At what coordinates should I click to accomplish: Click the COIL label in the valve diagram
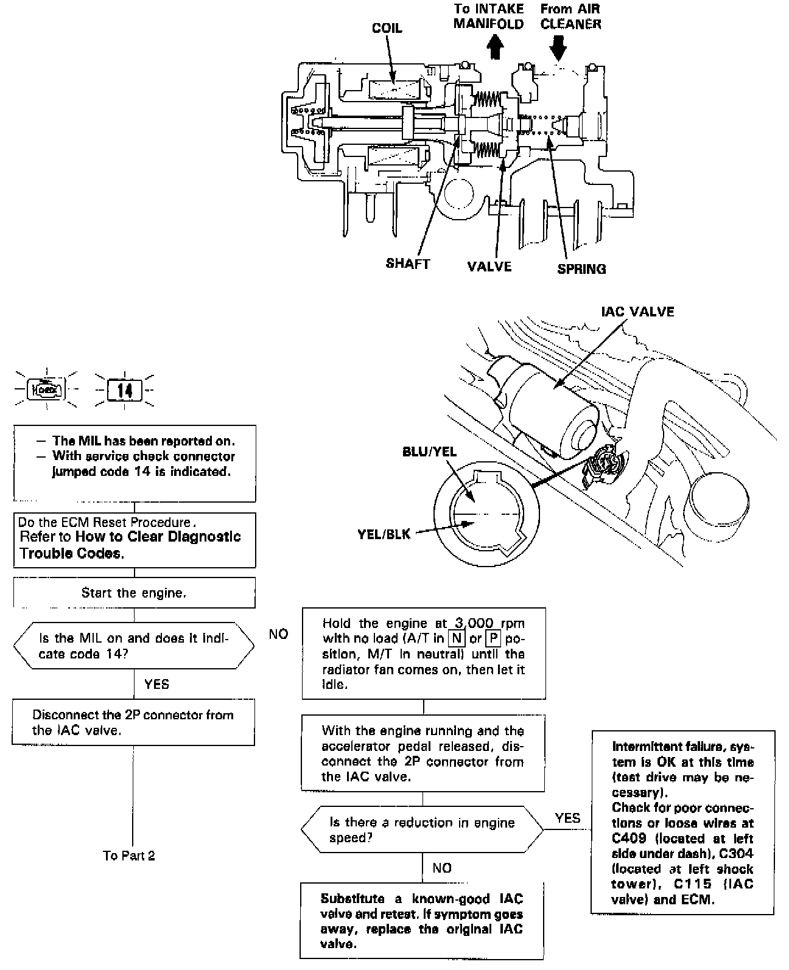click(387, 29)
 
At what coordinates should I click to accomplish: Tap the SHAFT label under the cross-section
click(407, 263)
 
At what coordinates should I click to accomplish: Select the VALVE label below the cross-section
click(489, 266)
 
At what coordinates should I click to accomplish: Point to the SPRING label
click(581, 268)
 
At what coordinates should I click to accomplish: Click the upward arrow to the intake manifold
click(496, 46)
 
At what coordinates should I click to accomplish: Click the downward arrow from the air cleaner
click(558, 46)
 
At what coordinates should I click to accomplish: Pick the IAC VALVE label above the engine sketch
click(637, 312)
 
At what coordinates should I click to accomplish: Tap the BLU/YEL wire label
click(429, 452)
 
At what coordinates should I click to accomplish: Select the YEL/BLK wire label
click(384, 534)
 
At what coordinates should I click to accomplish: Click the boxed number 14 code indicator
click(125, 389)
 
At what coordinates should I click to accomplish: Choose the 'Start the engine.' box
click(134, 593)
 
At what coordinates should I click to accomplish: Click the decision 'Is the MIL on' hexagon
click(134, 646)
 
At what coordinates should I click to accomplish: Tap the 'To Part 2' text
click(129, 856)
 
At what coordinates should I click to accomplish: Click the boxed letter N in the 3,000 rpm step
click(457, 638)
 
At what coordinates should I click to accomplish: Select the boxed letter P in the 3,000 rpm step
click(493, 638)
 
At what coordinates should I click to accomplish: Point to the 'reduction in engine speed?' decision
click(422, 830)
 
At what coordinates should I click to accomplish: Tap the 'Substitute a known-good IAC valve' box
click(421, 921)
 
